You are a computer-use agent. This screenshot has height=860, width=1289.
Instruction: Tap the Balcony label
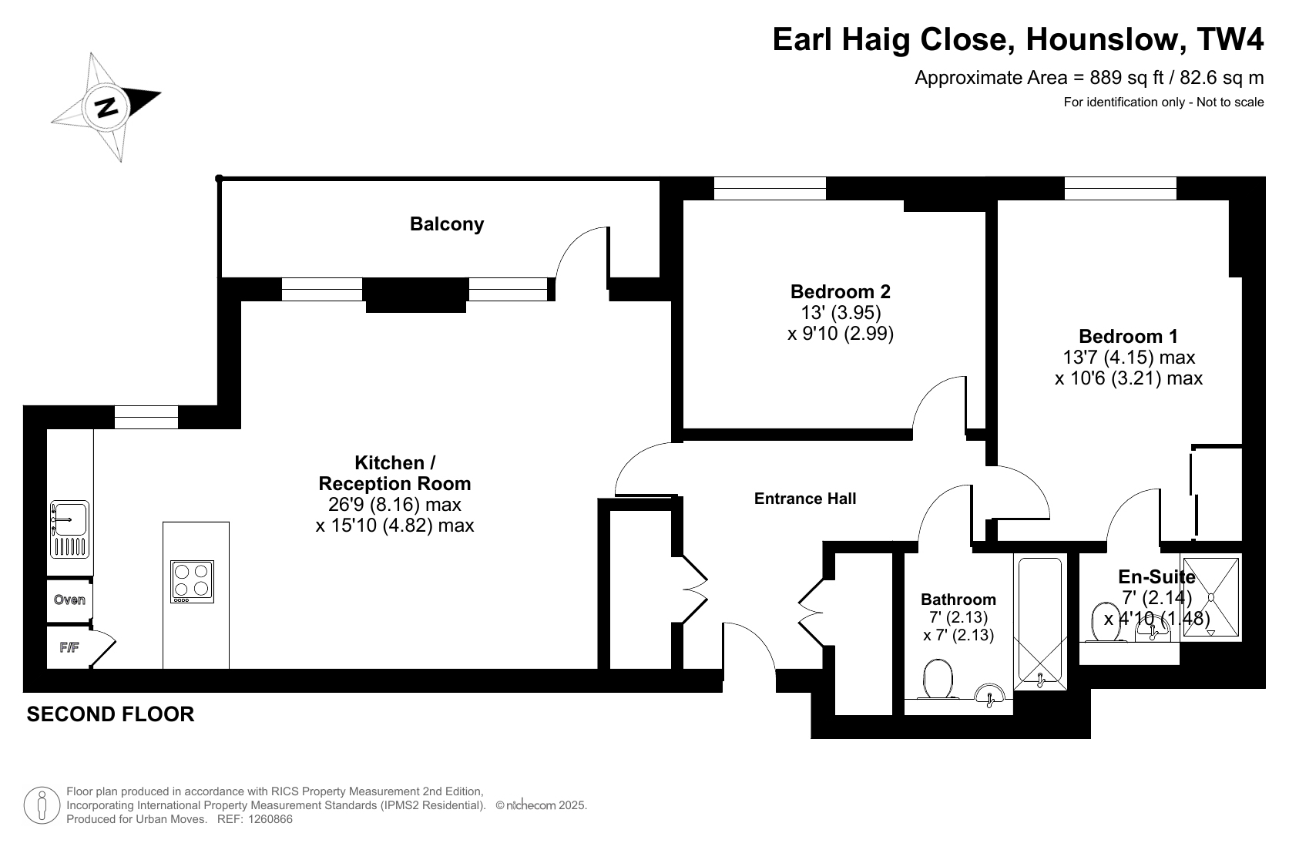(447, 224)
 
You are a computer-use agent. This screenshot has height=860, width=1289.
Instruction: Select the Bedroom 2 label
(840, 291)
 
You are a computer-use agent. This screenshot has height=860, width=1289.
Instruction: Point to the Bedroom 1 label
(1128, 336)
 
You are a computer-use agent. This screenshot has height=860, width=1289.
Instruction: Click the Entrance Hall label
(805, 499)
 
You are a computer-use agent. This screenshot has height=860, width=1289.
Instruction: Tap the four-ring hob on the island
(192, 581)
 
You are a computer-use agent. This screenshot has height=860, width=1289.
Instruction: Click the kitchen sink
(69, 529)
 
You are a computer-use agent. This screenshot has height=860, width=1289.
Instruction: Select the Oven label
(69, 600)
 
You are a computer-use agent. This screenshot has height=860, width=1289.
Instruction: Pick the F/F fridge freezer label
(69, 647)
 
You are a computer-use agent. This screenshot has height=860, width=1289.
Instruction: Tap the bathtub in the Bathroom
(1040, 623)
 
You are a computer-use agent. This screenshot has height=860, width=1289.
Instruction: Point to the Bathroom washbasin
(989, 694)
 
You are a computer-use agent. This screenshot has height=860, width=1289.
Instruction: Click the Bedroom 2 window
(770, 188)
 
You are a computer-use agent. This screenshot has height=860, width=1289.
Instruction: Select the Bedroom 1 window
(1120, 188)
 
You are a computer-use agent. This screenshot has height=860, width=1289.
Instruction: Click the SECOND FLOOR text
(110, 714)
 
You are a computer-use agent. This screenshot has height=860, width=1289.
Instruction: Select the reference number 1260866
(270, 819)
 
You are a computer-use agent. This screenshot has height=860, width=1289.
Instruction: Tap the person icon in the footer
(42, 805)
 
